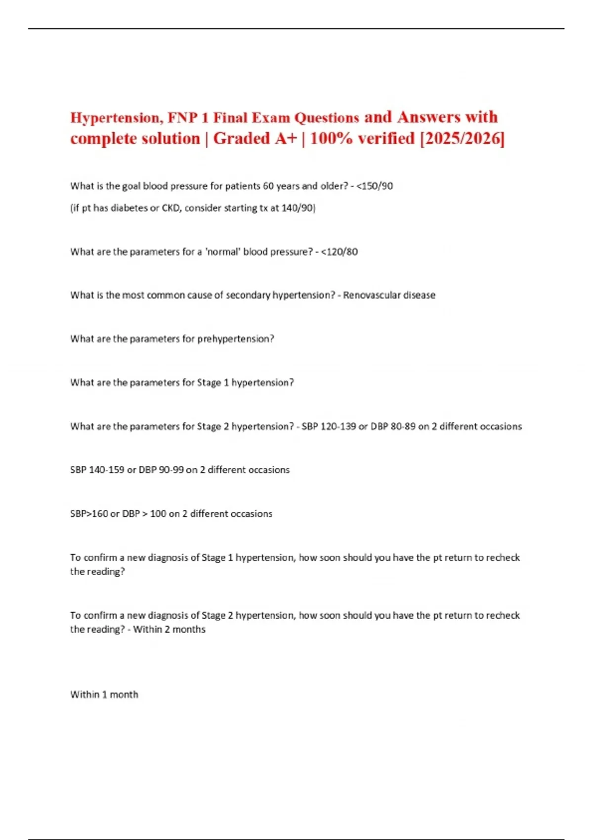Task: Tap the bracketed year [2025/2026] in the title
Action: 462,139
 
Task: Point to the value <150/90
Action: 375,186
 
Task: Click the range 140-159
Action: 106,470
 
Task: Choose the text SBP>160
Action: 89,514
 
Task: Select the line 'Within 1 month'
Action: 104,695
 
